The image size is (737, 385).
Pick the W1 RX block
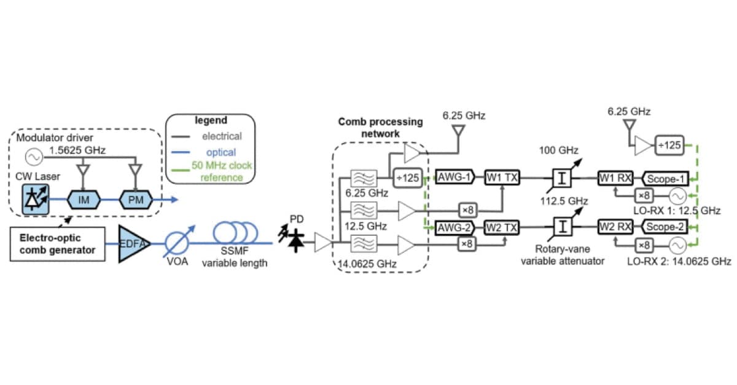click(616, 178)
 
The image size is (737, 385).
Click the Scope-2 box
click(666, 228)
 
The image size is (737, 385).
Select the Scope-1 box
click(666, 178)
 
